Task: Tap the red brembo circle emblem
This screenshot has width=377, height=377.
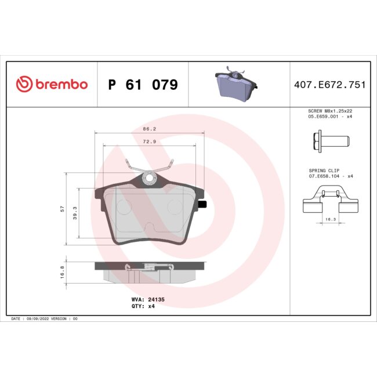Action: [x=23, y=85]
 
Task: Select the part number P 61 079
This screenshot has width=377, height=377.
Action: [x=143, y=85]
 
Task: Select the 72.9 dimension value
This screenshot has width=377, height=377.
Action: [x=149, y=140]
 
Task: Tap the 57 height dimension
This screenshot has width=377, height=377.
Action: [x=62, y=209]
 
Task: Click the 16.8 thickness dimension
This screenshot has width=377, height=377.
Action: [x=62, y=271]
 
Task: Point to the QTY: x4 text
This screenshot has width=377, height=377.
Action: [x=143, y=306]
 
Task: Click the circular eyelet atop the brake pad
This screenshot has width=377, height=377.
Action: [x=149, y=178]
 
